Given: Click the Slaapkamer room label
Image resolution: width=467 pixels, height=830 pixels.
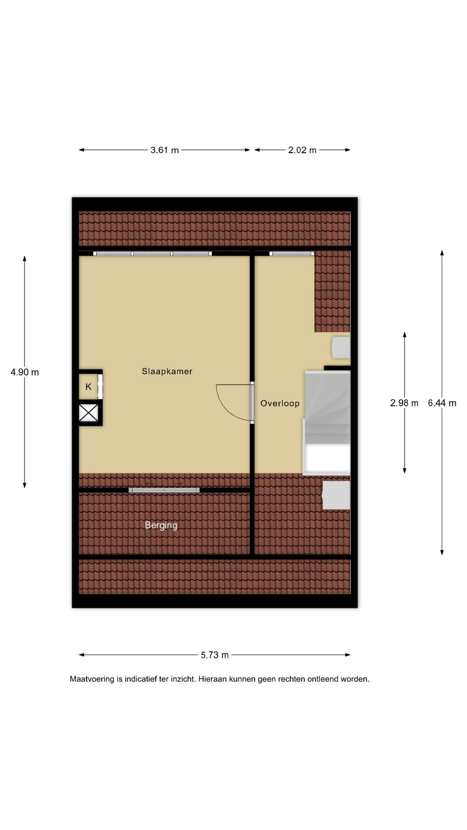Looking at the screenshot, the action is point(167,371).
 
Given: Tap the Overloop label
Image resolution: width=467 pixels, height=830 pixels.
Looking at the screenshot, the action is point(280,403).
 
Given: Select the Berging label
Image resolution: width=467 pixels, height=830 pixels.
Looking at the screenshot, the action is point(161,525).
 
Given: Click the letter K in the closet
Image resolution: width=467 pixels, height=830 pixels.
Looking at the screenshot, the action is point(89,386).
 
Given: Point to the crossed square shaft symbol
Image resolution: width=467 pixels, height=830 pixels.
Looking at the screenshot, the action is point(89,412).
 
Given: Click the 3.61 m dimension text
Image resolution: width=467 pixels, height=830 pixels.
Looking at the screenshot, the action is point(164,150).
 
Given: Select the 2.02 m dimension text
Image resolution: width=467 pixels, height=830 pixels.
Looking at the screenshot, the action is point(302,150).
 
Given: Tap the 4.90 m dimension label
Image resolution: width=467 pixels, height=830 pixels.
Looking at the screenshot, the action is point(25,372).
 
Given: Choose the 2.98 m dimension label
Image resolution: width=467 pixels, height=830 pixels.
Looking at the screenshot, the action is point(404,403).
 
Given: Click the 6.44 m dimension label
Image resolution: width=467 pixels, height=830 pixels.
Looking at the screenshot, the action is point(442,403).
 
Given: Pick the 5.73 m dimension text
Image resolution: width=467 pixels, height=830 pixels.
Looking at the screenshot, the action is point(214,655).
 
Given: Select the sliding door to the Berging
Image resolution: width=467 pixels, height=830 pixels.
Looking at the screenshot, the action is point(164,490).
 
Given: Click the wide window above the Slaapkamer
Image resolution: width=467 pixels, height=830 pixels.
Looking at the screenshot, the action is point(153,253).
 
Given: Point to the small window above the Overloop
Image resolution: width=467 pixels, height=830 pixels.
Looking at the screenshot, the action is point(291,253).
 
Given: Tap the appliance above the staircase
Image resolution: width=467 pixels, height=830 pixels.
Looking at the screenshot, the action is point(341,348).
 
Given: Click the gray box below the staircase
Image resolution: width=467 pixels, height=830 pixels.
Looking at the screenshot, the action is point(336,495).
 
